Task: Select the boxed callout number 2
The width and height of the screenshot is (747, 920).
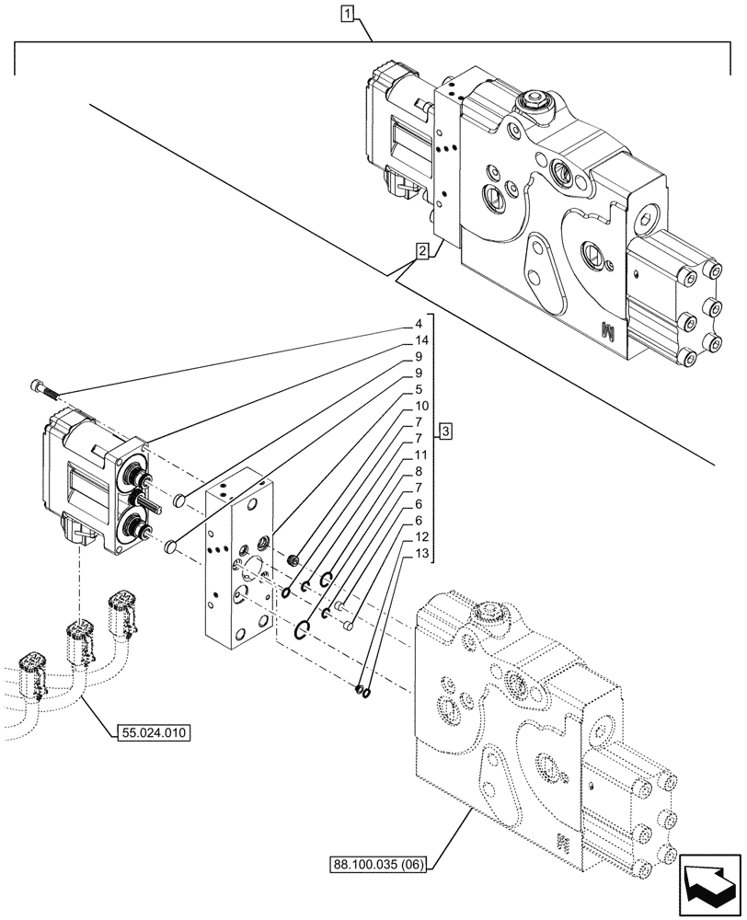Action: click(420, 250)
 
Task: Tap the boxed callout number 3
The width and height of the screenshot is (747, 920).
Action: click(444, 431)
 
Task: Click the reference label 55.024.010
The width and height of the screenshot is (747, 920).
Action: click(153, 733)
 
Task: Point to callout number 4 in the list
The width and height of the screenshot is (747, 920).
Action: click(418, 324)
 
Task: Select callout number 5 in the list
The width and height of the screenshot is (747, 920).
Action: click(418, 389)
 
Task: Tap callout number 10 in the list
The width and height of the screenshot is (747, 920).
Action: click(420, 406)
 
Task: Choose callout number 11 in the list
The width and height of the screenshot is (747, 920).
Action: click(420, 454)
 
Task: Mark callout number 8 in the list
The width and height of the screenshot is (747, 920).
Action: click(418, 471)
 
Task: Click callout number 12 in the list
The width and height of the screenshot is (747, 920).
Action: click(420, 536)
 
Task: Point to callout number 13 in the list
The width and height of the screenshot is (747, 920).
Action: click(420, 553)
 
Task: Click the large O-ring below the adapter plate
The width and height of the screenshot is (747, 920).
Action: click(304, 629)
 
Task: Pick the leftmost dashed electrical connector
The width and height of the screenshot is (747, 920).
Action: click(33, 676)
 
